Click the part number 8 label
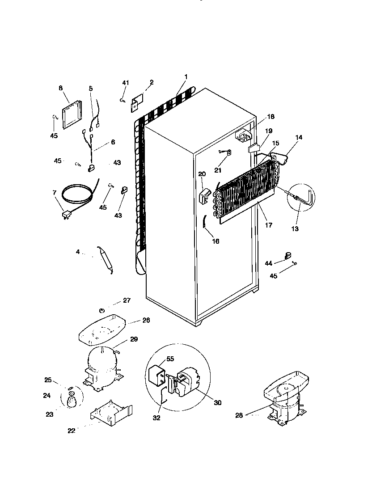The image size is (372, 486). pos(61,88)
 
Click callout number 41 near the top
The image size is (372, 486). pos(126,83)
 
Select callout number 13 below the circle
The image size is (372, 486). pos(295,229)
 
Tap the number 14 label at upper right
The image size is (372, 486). pos(298,137)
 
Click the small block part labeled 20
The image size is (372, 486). pos(204,195)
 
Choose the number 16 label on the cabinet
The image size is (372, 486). pos(216,241)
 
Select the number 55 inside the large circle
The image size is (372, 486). pos(170,359)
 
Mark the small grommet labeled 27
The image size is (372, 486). pos(102,310)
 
